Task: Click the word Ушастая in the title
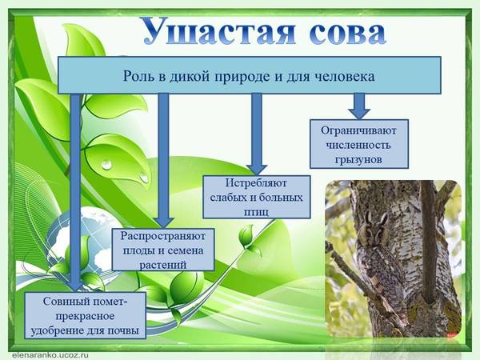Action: tap(219, 30)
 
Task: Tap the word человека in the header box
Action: tap(345, 76)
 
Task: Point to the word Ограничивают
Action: tap(358, 130)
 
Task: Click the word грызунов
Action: tap(358, 159)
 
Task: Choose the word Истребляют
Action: tap(256, 183)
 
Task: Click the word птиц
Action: tap(256, 211)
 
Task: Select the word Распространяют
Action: tap(162, 236)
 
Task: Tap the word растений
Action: tap(163, 265)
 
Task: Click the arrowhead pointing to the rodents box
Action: tap(359, 113)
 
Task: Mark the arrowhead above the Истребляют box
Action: tap(257, 170)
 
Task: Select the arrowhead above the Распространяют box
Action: tap(163, 222)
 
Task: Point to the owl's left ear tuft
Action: tap(369, 217)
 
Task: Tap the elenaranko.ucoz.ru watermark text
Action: tap(50, 355)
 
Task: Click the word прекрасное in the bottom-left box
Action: tap(85, 316)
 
